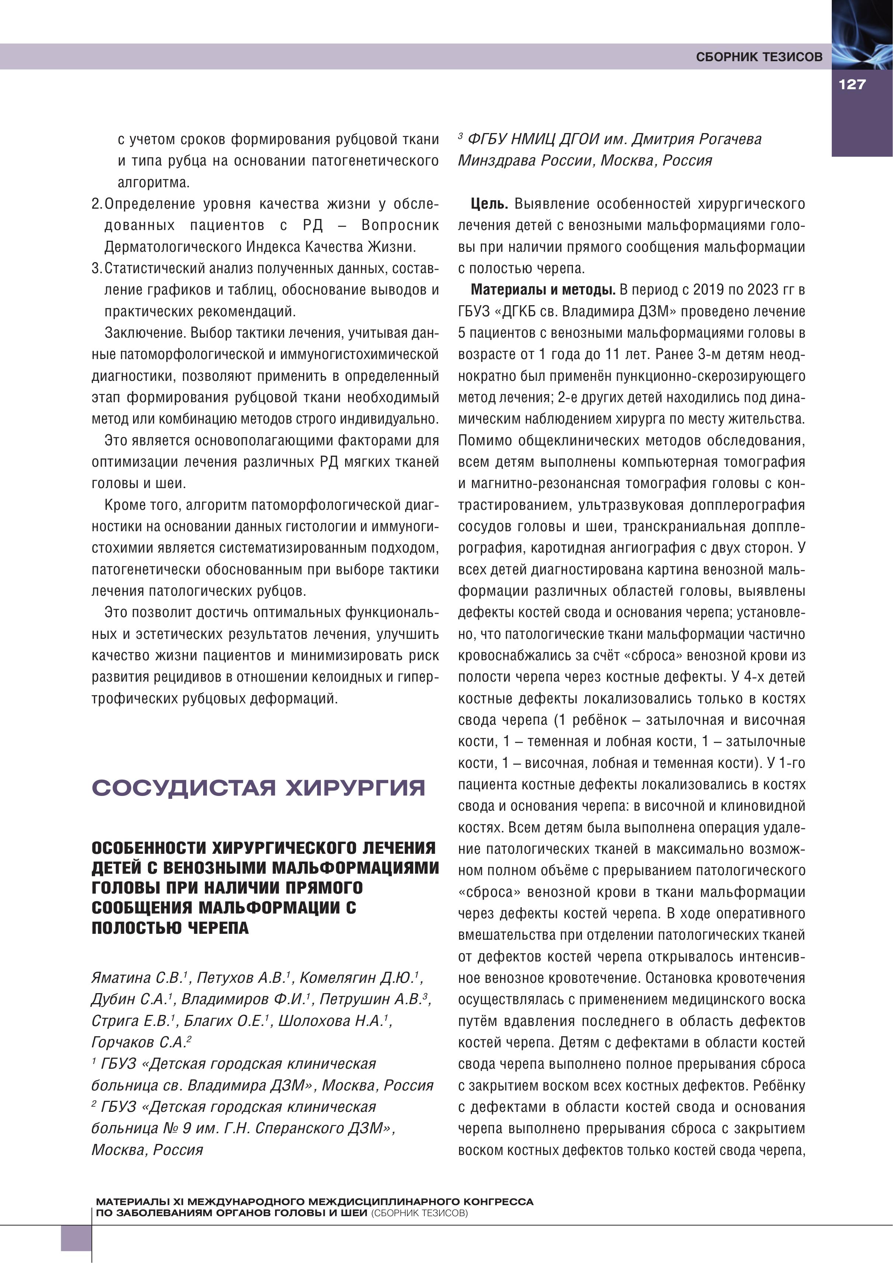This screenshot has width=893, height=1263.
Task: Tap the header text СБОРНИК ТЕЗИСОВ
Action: click(x=759, y=57)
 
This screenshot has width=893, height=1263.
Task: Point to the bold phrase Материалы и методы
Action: click(x=543, y=290)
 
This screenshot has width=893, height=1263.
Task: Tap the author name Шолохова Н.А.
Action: click(x=334, y=1020)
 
